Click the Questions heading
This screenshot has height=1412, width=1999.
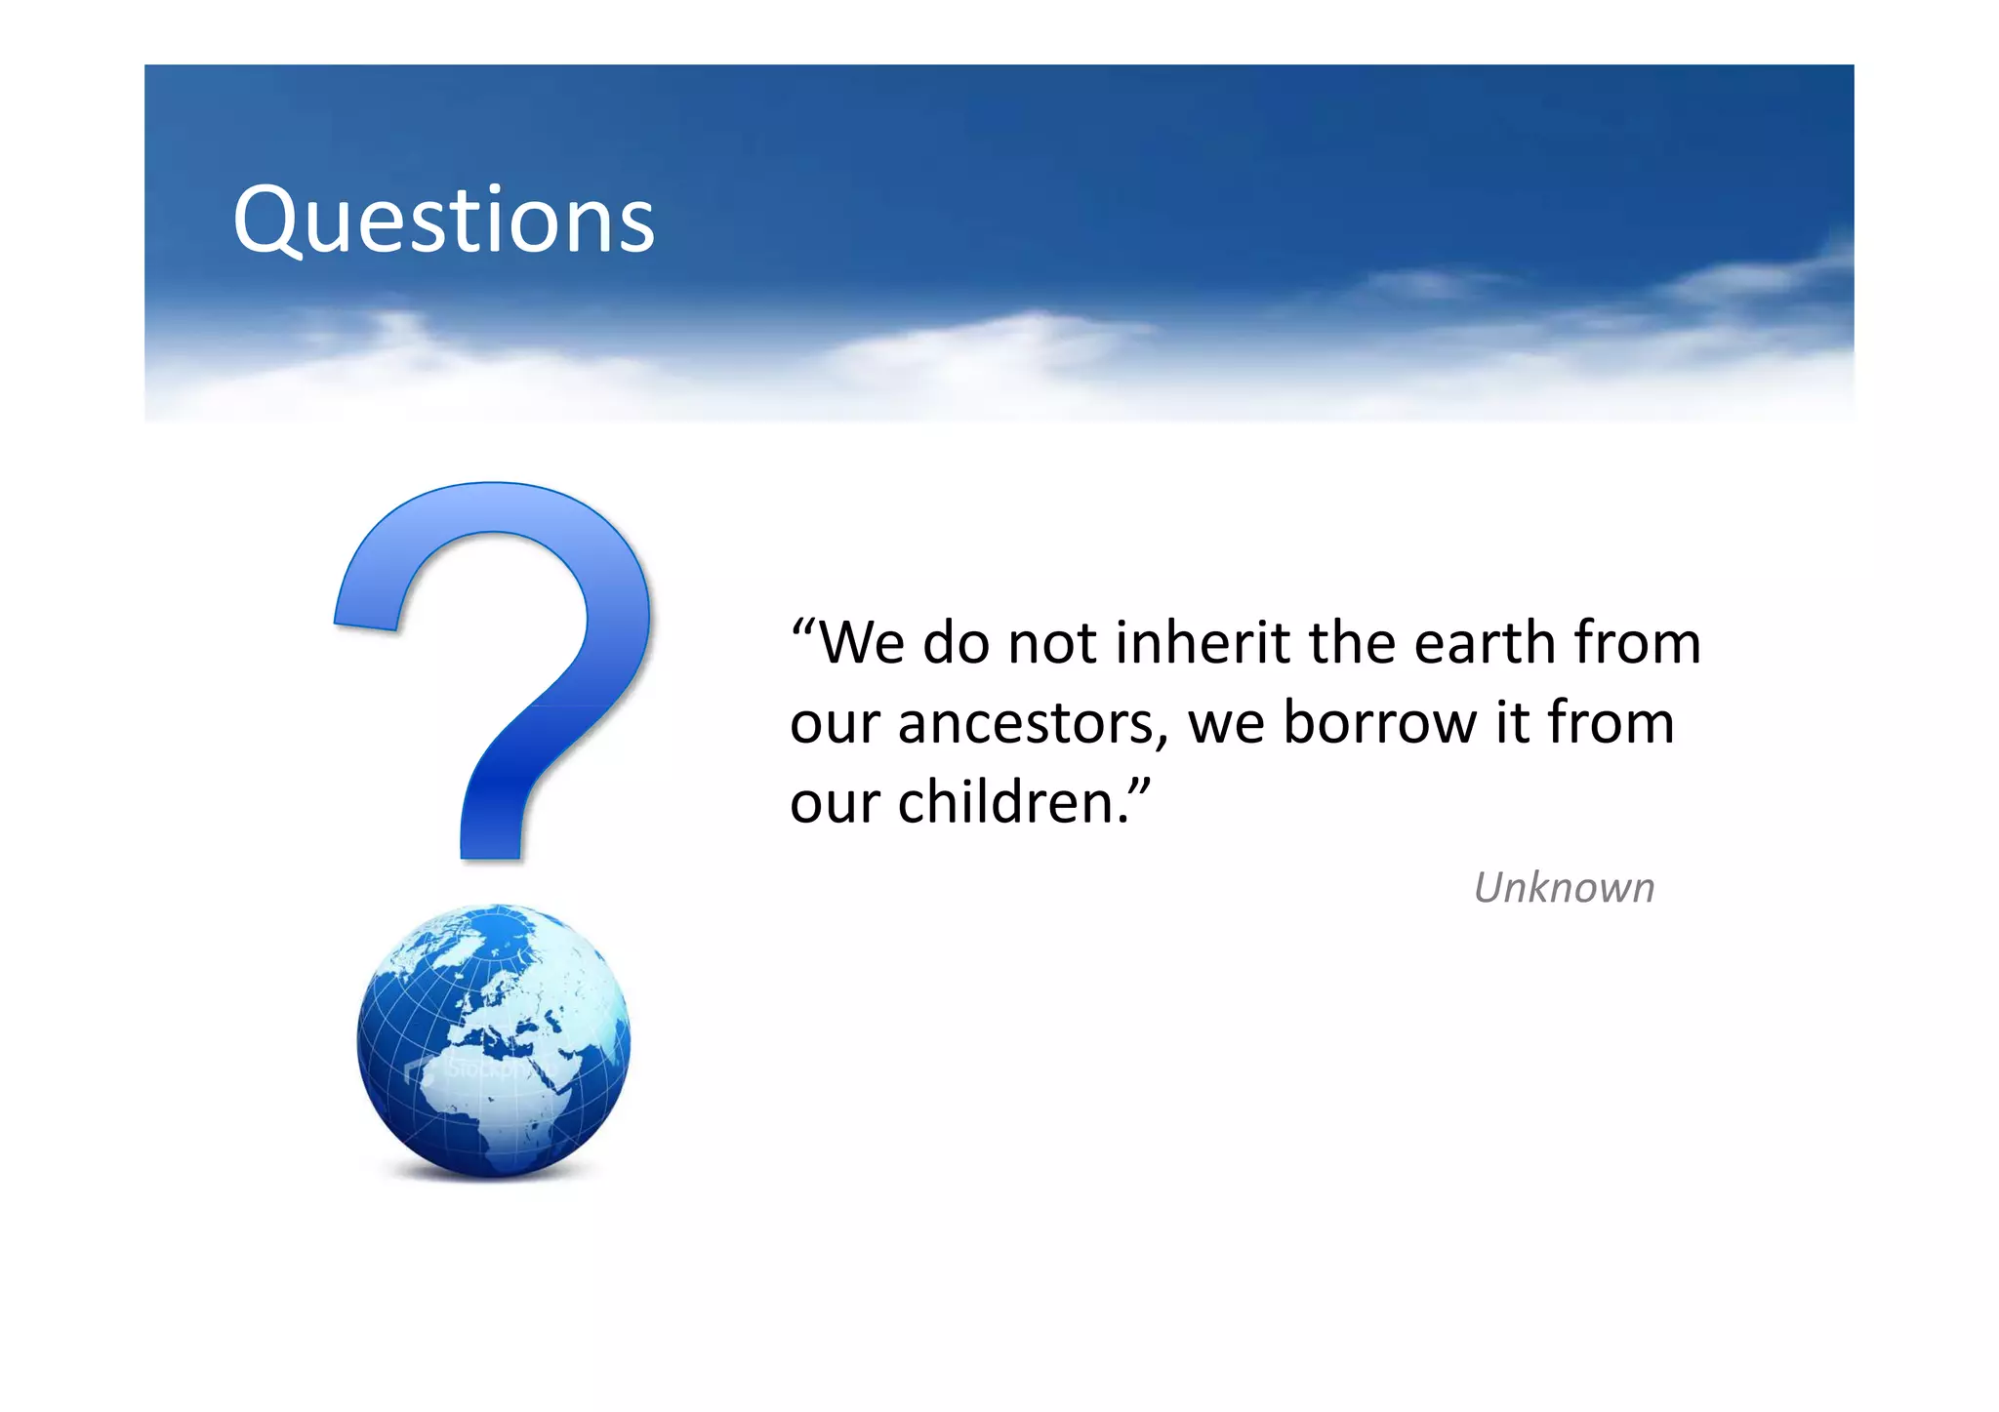(x=443, y=221)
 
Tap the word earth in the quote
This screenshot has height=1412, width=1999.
(x=1484, y=643)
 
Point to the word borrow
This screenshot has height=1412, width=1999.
(x=1379, y=723)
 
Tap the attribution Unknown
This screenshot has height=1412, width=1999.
(x=1564, y=888)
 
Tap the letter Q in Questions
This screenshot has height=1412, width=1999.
(x=270, y=222)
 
